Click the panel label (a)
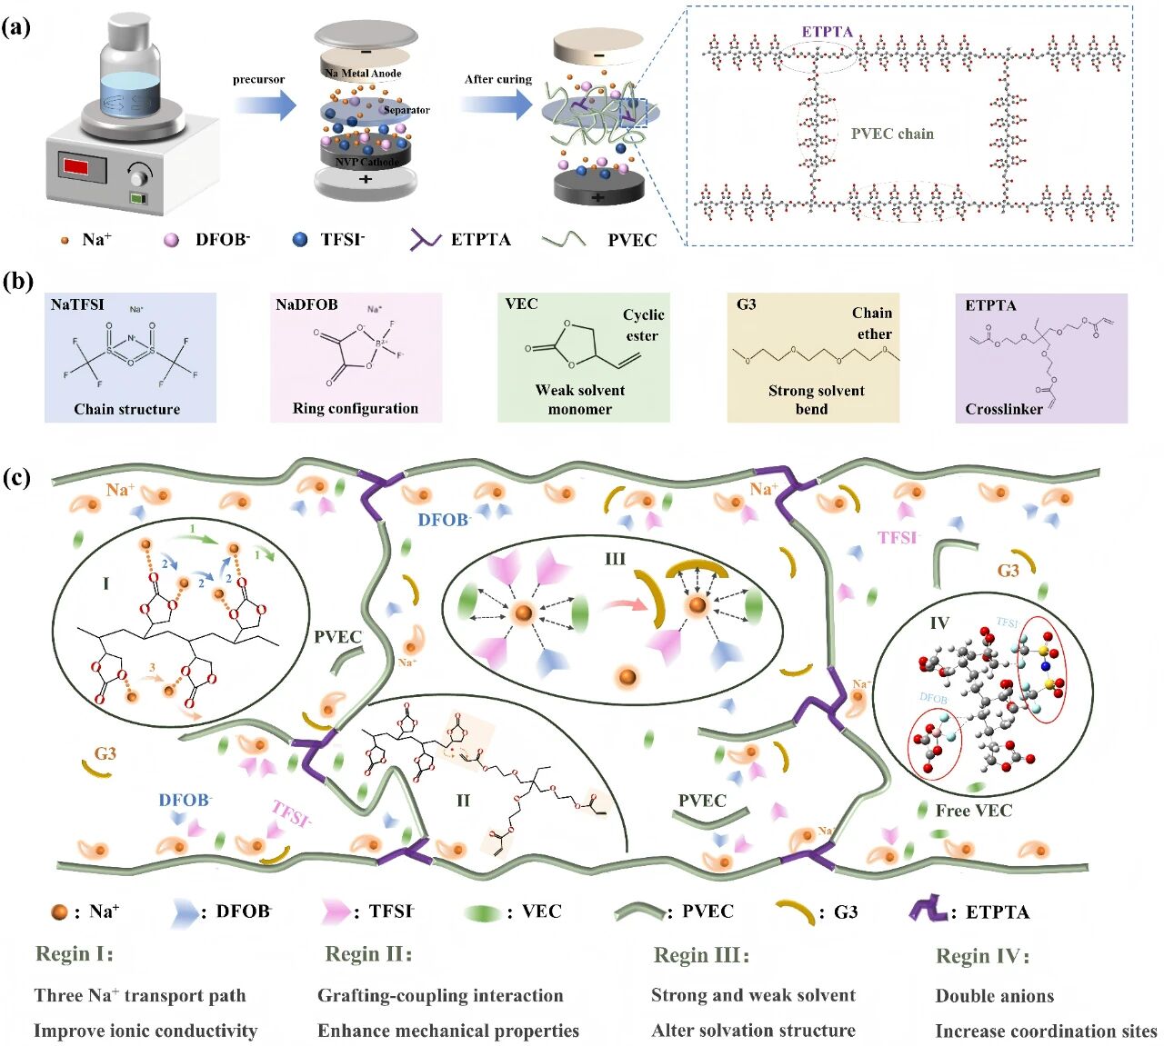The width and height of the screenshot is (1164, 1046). coord(16,27)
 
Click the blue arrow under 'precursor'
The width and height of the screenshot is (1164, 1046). coord(265,105)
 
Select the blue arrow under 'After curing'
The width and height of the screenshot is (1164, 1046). coord(497,105)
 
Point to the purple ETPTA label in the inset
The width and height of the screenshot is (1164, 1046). coord(827,32)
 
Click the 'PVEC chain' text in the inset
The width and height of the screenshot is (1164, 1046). coord(892,134)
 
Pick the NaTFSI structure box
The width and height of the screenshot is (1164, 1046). coord(130,357)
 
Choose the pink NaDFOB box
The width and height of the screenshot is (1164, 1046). coord(356,357)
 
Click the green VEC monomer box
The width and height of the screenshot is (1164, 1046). coord(583,357)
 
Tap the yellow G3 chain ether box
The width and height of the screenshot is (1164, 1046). coord(813,357)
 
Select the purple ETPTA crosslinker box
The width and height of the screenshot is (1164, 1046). coord(1041,357)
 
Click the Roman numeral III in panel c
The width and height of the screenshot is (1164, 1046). coord(616,559)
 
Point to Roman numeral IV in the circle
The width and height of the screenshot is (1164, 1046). coord(939,623)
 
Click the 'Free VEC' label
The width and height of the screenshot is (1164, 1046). coord(973,811)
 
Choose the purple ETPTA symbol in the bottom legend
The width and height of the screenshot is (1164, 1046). coord(928,910)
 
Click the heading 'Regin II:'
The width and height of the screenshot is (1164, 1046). coord(368,954)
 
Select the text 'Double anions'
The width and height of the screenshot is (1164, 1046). coord(994,996)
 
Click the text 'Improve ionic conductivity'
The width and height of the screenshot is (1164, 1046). coord(145,1031)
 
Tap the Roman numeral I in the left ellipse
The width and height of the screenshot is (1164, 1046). coord(105,583)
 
